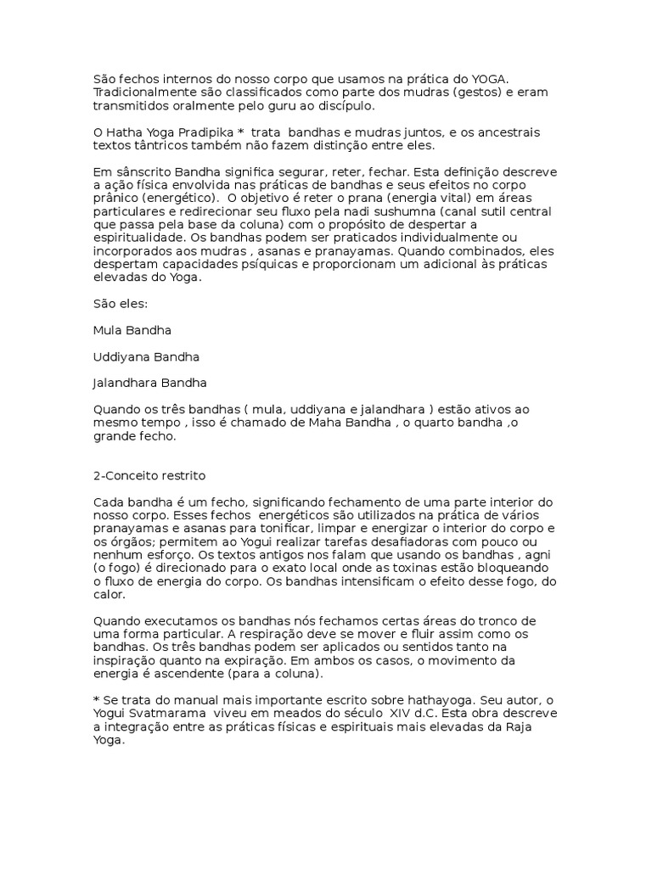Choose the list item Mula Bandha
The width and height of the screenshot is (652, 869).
(132, 329)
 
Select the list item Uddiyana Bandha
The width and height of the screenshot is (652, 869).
(146, 356)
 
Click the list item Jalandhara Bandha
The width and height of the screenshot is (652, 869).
(149, 383)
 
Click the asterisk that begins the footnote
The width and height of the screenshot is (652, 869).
(96, 699)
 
